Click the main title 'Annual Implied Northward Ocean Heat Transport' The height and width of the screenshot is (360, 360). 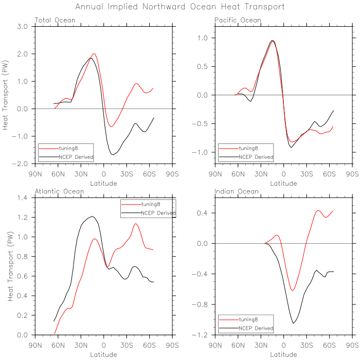point(180,7)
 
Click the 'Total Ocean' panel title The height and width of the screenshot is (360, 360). point(55,20)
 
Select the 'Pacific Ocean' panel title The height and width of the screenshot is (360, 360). point(238,20)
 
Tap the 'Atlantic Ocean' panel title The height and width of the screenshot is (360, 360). point(58,192)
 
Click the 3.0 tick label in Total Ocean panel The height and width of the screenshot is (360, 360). point(23,26)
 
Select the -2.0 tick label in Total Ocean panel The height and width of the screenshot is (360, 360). point(21,164)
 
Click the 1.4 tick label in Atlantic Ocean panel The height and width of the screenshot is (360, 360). point(23,198)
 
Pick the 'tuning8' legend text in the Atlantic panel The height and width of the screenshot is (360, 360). point(151,204)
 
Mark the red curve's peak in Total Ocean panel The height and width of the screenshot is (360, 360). point(94,53)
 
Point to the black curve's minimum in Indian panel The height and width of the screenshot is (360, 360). point(294,323)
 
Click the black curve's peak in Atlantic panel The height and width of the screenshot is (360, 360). point(92,217)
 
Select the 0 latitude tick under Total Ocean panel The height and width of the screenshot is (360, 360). point(103,173)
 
